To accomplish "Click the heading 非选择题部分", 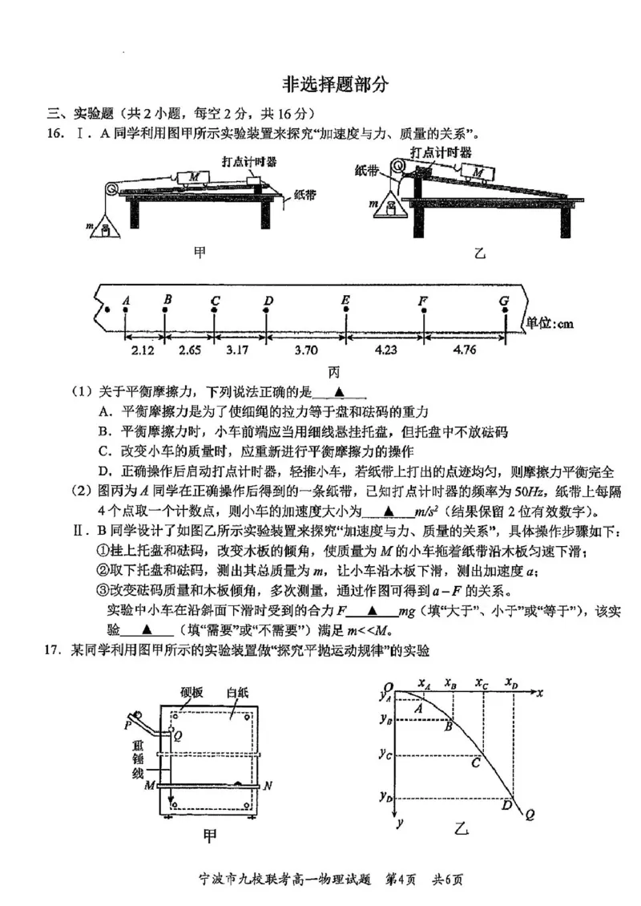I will pyautogui.click(x=336, y=84).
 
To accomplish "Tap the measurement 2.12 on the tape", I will pyautogui.click(x=143, y=350).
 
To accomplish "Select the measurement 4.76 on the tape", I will pyautogui.click(x=466, y=350).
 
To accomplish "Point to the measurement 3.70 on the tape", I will pyautogui.click(x=304, y=350).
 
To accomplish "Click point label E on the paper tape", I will pyautogui.click(x=345, y=301).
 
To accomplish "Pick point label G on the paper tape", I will pyautogui.click(x=504, y=301).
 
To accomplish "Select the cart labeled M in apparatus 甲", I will pyautogui.click(x=194, y=177).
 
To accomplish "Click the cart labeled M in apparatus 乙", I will pyautogui.click(x=478, y=172).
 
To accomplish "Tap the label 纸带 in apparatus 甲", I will pyautogui.click(x=305, y=194).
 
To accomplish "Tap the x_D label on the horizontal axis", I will pyautogui.click(x=511, y=683).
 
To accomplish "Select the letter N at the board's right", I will pyautogui.click(x=267, y=786).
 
